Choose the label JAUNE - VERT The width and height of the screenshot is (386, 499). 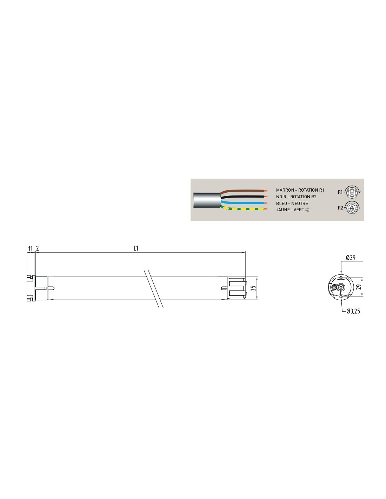290,210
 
